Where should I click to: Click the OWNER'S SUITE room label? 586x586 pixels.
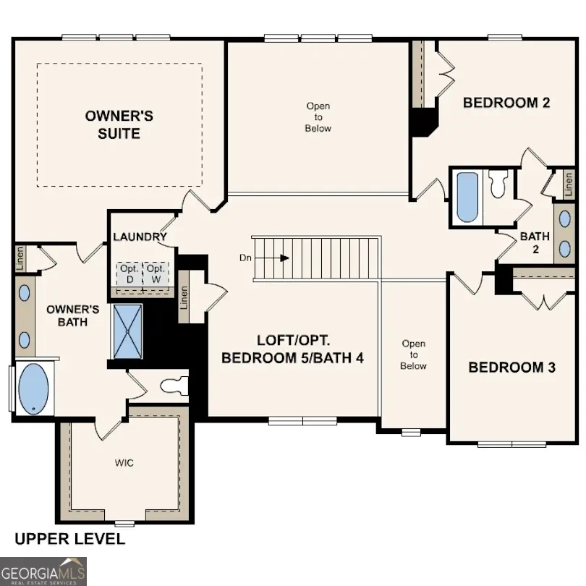119,124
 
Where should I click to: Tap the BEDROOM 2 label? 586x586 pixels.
506,103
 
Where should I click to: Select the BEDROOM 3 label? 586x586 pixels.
511,368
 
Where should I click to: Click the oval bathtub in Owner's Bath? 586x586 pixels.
33,388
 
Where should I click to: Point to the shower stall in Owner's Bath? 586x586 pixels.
128,331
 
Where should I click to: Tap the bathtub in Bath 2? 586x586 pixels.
467,197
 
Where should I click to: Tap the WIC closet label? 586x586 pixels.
124,462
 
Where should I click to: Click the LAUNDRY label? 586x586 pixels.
140,237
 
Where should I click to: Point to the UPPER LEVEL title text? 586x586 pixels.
69,539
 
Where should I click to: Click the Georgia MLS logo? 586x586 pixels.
43,571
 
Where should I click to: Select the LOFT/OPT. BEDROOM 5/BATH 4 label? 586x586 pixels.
292,348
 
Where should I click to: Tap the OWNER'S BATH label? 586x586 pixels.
67,315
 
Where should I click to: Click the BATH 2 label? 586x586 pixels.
535,242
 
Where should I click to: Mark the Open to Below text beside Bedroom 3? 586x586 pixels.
414,354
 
